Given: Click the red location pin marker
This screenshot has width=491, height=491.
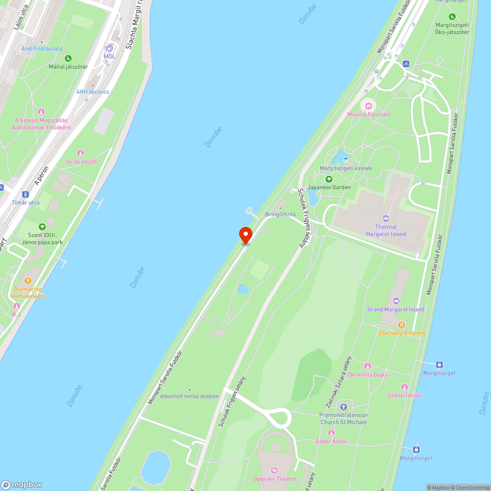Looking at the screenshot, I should click(x=245, y=235).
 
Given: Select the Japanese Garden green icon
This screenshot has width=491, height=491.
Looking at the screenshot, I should click(x=329, y=179).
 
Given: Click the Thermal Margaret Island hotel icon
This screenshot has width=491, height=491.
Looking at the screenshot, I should click(x=385, y=218).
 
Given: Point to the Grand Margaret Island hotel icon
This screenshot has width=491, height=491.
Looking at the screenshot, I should click(x=396, y=301).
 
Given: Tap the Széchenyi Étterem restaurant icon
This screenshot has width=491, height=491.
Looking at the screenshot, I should click(x=401, y=325).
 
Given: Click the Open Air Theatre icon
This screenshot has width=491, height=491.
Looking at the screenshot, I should click(x=274, y=470).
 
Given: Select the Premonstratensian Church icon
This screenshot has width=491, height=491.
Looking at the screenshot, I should click(x=344, y=407).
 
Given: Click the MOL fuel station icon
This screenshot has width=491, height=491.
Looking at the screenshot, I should click(x=109, y=48).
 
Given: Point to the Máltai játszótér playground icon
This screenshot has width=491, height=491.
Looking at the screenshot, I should click(x=68, y=58).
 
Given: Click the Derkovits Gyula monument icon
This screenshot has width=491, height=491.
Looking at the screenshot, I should click(x=368, y=366).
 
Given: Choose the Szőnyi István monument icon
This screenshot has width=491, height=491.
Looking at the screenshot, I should click(x=405, y=387).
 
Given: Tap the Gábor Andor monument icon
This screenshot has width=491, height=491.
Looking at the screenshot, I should click(x=331, y=433).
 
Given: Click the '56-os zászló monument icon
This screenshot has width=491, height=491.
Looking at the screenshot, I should click(x=81, y=153).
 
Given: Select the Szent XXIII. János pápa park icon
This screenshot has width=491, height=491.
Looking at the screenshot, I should click(x=42, y=227).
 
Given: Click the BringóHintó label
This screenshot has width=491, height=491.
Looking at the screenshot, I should click(x=281, y=215).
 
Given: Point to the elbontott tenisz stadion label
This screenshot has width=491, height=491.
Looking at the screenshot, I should click(x=190, y=396).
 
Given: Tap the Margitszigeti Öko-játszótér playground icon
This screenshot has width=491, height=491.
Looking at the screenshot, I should click(x=452, y=17).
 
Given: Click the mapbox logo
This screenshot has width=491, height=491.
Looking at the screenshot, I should click(x=22, y=484).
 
